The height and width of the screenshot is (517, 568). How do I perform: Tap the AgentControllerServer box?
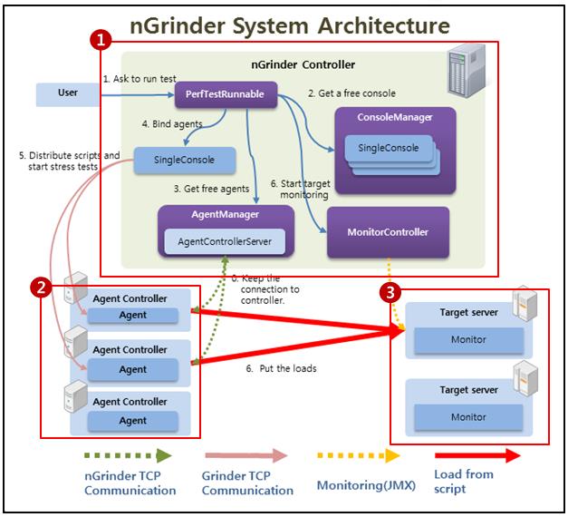226,242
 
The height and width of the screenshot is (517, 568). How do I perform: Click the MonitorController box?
387,232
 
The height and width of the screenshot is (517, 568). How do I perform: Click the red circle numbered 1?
103,40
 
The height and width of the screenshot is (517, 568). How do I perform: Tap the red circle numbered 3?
389,292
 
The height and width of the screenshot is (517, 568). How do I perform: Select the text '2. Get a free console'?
351,93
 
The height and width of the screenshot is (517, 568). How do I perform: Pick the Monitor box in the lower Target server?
468,416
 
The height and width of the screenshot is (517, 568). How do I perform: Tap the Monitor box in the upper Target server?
468,339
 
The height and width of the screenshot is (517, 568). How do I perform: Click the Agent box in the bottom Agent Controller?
132,421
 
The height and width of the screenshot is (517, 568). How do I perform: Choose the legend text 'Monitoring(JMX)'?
361,485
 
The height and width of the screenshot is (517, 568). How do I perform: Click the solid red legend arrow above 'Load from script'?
477,455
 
